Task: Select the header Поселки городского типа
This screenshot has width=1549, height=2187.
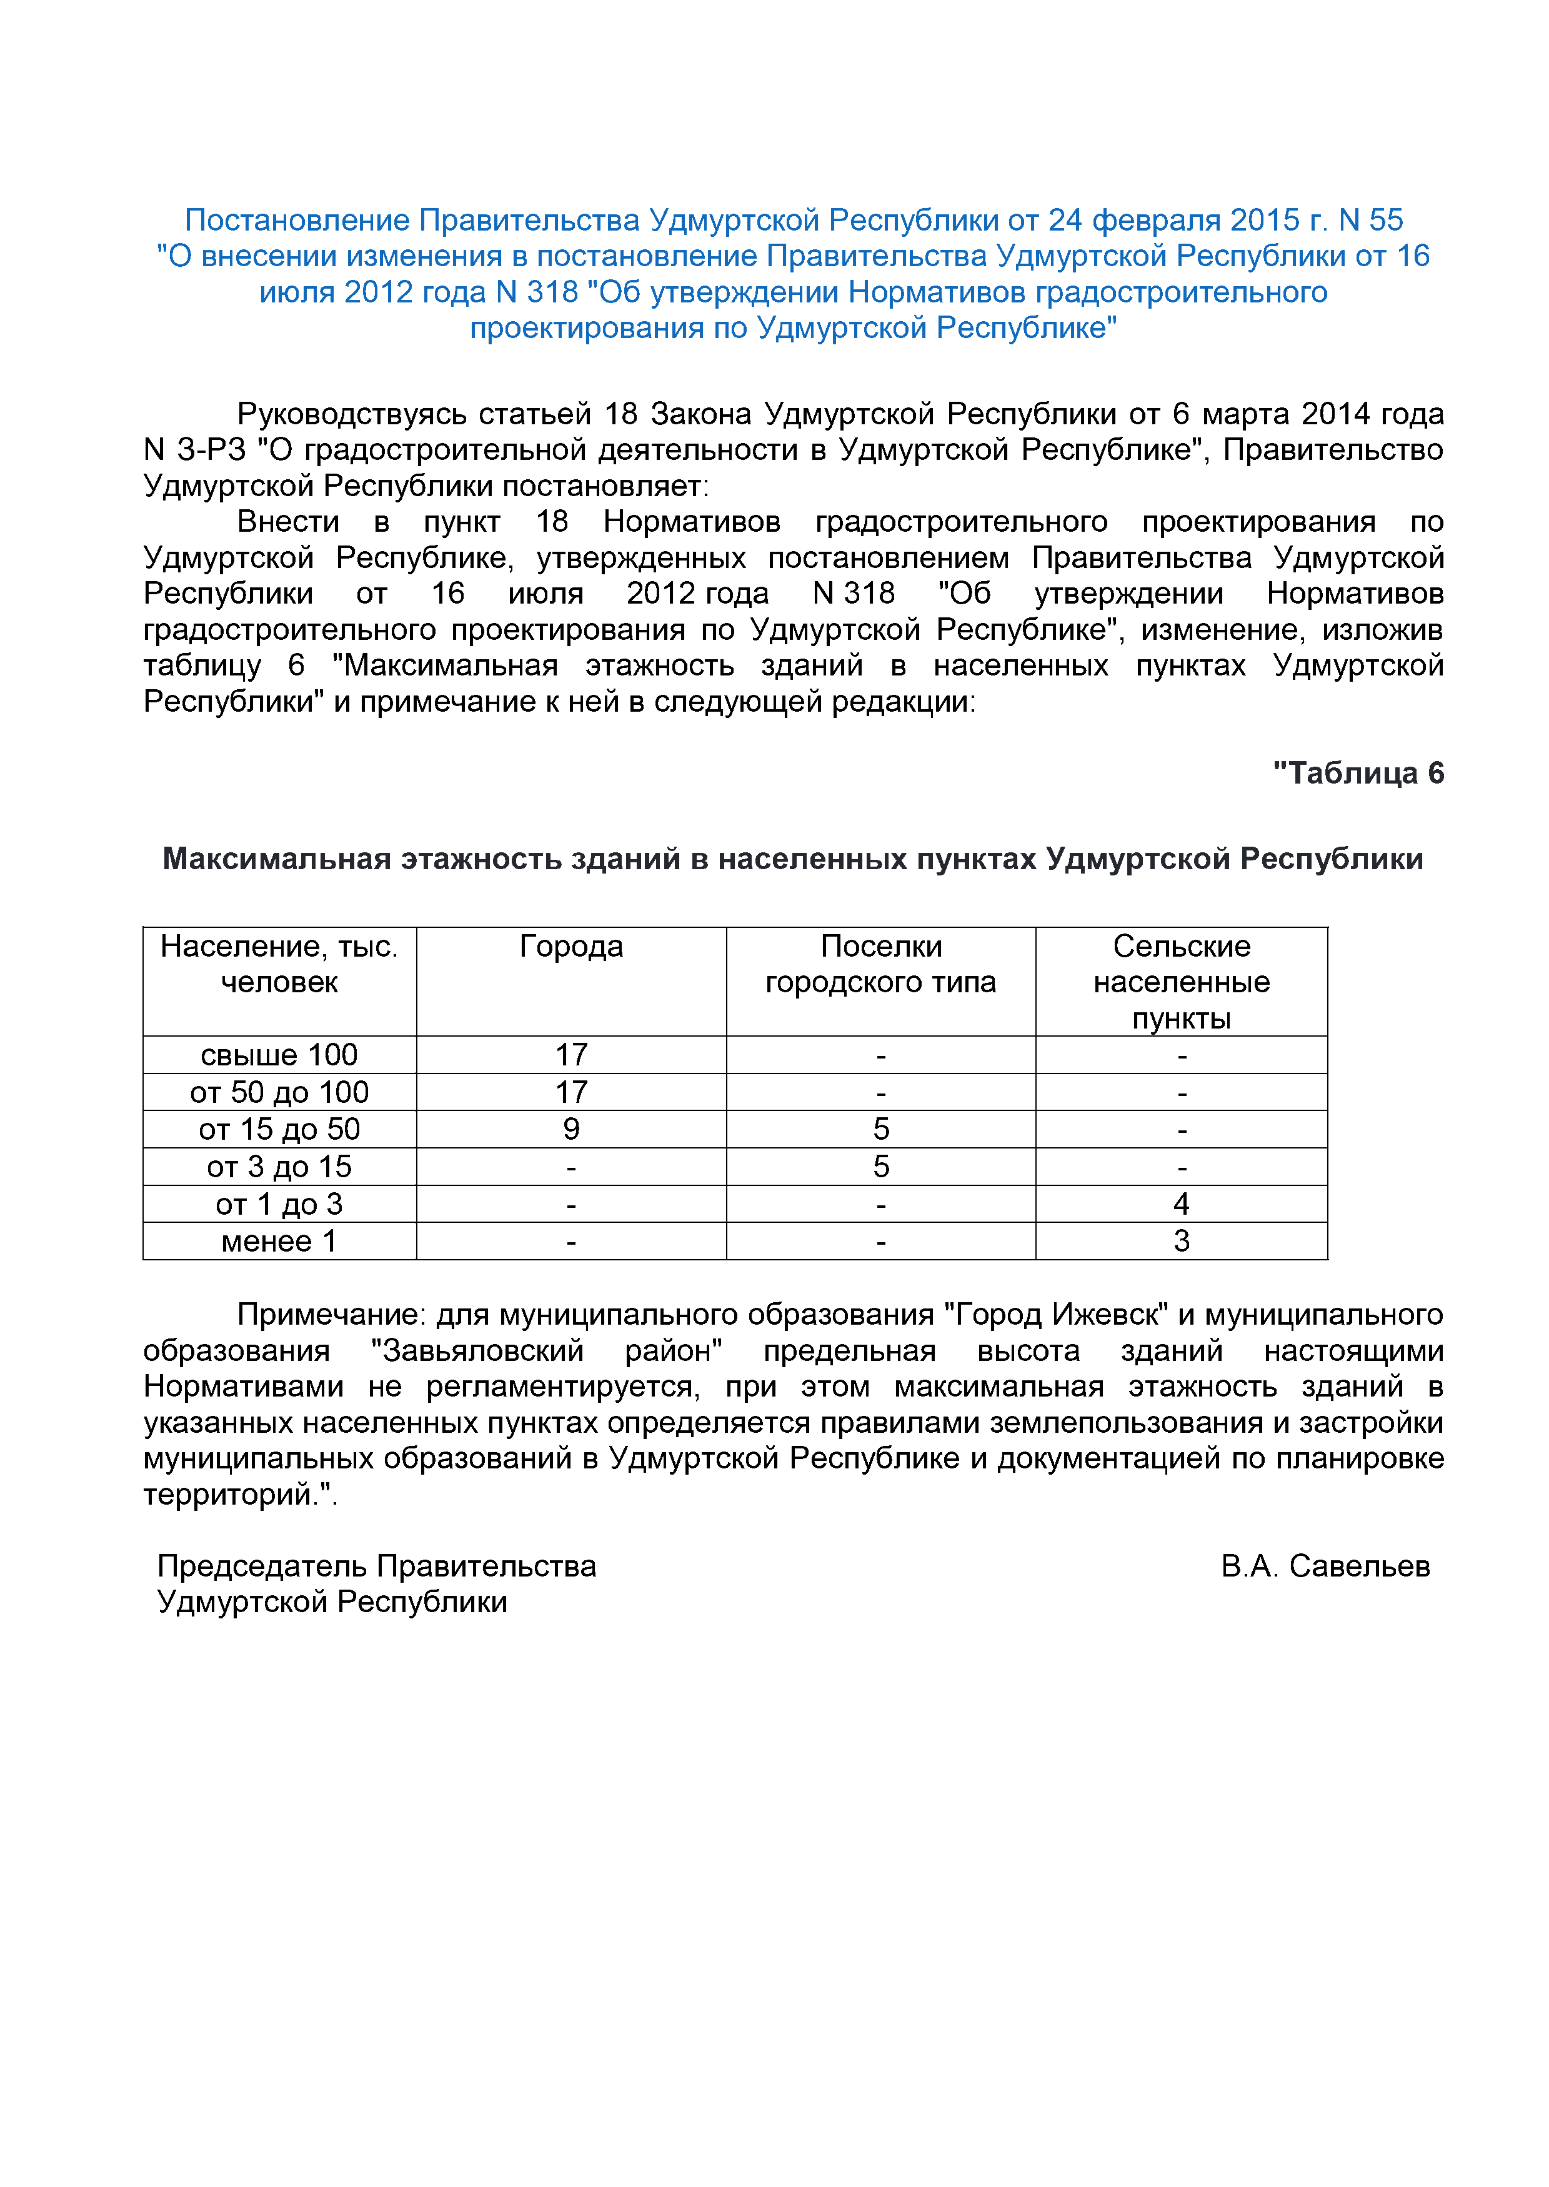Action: [x=880, y=964]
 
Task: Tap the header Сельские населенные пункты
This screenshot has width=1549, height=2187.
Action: [x=1181, y=982]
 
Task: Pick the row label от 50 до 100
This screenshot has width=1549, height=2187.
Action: [x=279, y=1092]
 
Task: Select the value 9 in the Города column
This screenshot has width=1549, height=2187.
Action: [x=570, y=1129]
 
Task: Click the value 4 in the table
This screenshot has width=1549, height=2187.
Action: [x=1181, y=1203]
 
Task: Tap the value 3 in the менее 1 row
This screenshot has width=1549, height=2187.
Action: [x=1181, y=1241]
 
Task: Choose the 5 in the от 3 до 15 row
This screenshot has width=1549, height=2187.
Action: [x=880, y=1167]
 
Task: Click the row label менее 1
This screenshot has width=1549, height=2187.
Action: [x=279, y=1241]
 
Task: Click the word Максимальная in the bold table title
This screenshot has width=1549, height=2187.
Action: [x=277, y=859]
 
